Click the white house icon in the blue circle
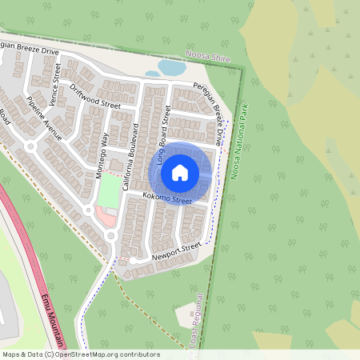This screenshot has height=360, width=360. coord(180,172)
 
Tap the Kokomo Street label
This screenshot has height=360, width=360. coord(167,198)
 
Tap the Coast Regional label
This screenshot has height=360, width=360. coord(194,324)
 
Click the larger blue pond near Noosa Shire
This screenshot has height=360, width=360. coord(171,67)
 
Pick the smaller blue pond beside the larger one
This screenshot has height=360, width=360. coord(151,74)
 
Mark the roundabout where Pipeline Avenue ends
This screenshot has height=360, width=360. coord(30,146)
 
